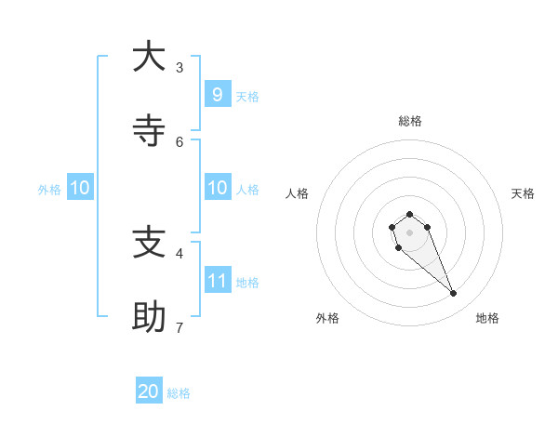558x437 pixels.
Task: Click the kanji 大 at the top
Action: (x=149, y=57)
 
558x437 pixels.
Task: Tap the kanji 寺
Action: (x=149, y=131)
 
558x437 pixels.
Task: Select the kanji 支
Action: (x=149, y=243)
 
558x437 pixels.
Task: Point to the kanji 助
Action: (x=149, y=317)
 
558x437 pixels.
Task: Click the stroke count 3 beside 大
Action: (x=179, y=67)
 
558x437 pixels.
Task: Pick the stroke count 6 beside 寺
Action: (x=179, y=141)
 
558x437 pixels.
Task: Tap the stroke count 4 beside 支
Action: (x=179, y=253)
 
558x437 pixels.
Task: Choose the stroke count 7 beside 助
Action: (x=179, y=327)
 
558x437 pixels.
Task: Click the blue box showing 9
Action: (x=217, y=94)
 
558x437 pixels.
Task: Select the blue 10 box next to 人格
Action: (x=217, y=188)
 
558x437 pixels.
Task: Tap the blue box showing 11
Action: (x=217, y=280)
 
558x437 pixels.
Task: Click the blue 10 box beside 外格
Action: (x=80, y=188)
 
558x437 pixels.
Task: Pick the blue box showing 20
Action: (x=149, y=391)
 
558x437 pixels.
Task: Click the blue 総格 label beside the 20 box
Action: (x=179, y=393)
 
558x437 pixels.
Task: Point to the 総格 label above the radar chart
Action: (x=410, y=121)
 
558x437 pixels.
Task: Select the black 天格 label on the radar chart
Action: (x=523, y=193)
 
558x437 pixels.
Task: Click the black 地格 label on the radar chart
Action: (x=487, y=318)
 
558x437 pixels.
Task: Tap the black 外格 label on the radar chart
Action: (x=327, y=318)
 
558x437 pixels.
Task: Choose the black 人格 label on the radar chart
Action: (x=298, y=193)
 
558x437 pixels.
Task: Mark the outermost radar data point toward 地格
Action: (x=454, y=294)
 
